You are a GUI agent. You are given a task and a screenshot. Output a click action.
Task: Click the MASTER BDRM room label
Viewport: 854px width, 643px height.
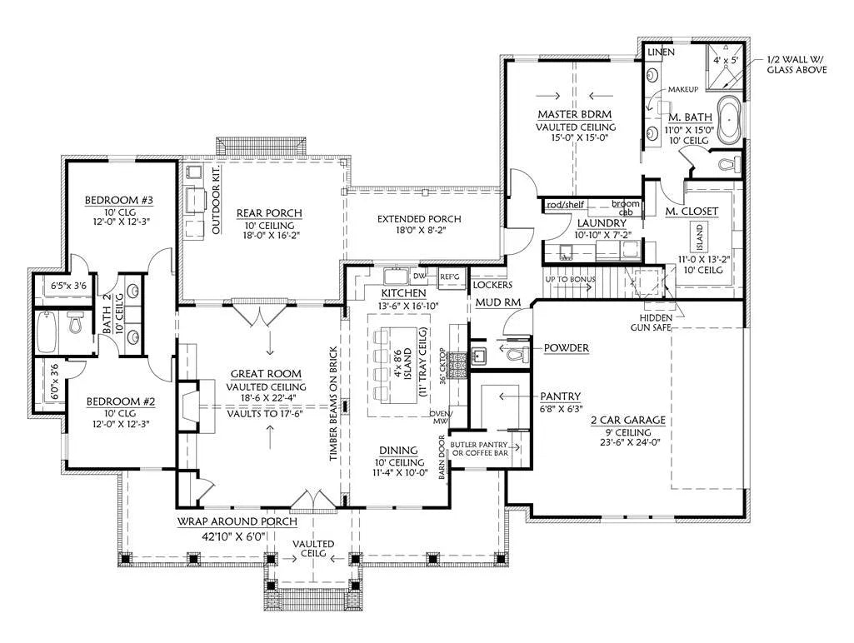(x=575, y=114)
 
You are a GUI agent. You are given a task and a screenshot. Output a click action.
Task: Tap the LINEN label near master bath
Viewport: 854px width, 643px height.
(x=662, y=52)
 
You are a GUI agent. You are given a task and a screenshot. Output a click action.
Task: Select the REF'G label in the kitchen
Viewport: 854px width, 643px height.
(x=450, y=277)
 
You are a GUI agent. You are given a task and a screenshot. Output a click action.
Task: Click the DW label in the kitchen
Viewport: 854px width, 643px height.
(x=420, y=275)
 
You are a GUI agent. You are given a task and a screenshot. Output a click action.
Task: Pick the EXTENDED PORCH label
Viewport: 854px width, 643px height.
(x=418, y=219)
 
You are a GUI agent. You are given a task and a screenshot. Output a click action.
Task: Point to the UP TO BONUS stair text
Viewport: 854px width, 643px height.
(x=569, y=278)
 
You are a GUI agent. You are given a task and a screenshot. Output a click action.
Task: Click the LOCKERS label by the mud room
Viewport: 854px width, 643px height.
(x=492, y=284)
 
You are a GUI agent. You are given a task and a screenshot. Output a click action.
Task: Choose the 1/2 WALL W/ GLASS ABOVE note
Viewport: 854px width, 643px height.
(x=797, y=65)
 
